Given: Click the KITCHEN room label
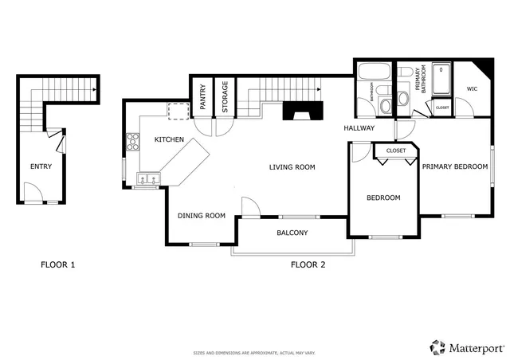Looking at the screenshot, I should pos(169,140).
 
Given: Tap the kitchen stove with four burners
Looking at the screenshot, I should pos(131,144).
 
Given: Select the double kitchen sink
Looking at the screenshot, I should pos(147,178).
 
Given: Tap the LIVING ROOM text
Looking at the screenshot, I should pos(292,167).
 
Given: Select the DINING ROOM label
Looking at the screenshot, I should pos(201,216).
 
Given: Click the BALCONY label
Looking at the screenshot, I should pos(292,233).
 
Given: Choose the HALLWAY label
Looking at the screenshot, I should pos(359,128).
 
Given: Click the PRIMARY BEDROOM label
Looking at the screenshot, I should pos(454,166).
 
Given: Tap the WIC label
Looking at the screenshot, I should pos(472,89).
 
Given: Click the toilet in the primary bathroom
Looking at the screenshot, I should pos(402,99).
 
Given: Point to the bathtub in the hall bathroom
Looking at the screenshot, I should pos(371,73).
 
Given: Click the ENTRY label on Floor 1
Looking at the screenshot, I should pos(41,166).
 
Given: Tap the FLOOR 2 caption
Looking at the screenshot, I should pos(308,264).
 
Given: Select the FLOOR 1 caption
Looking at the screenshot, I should pos(57,264).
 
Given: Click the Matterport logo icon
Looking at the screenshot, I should pos(437,346).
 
